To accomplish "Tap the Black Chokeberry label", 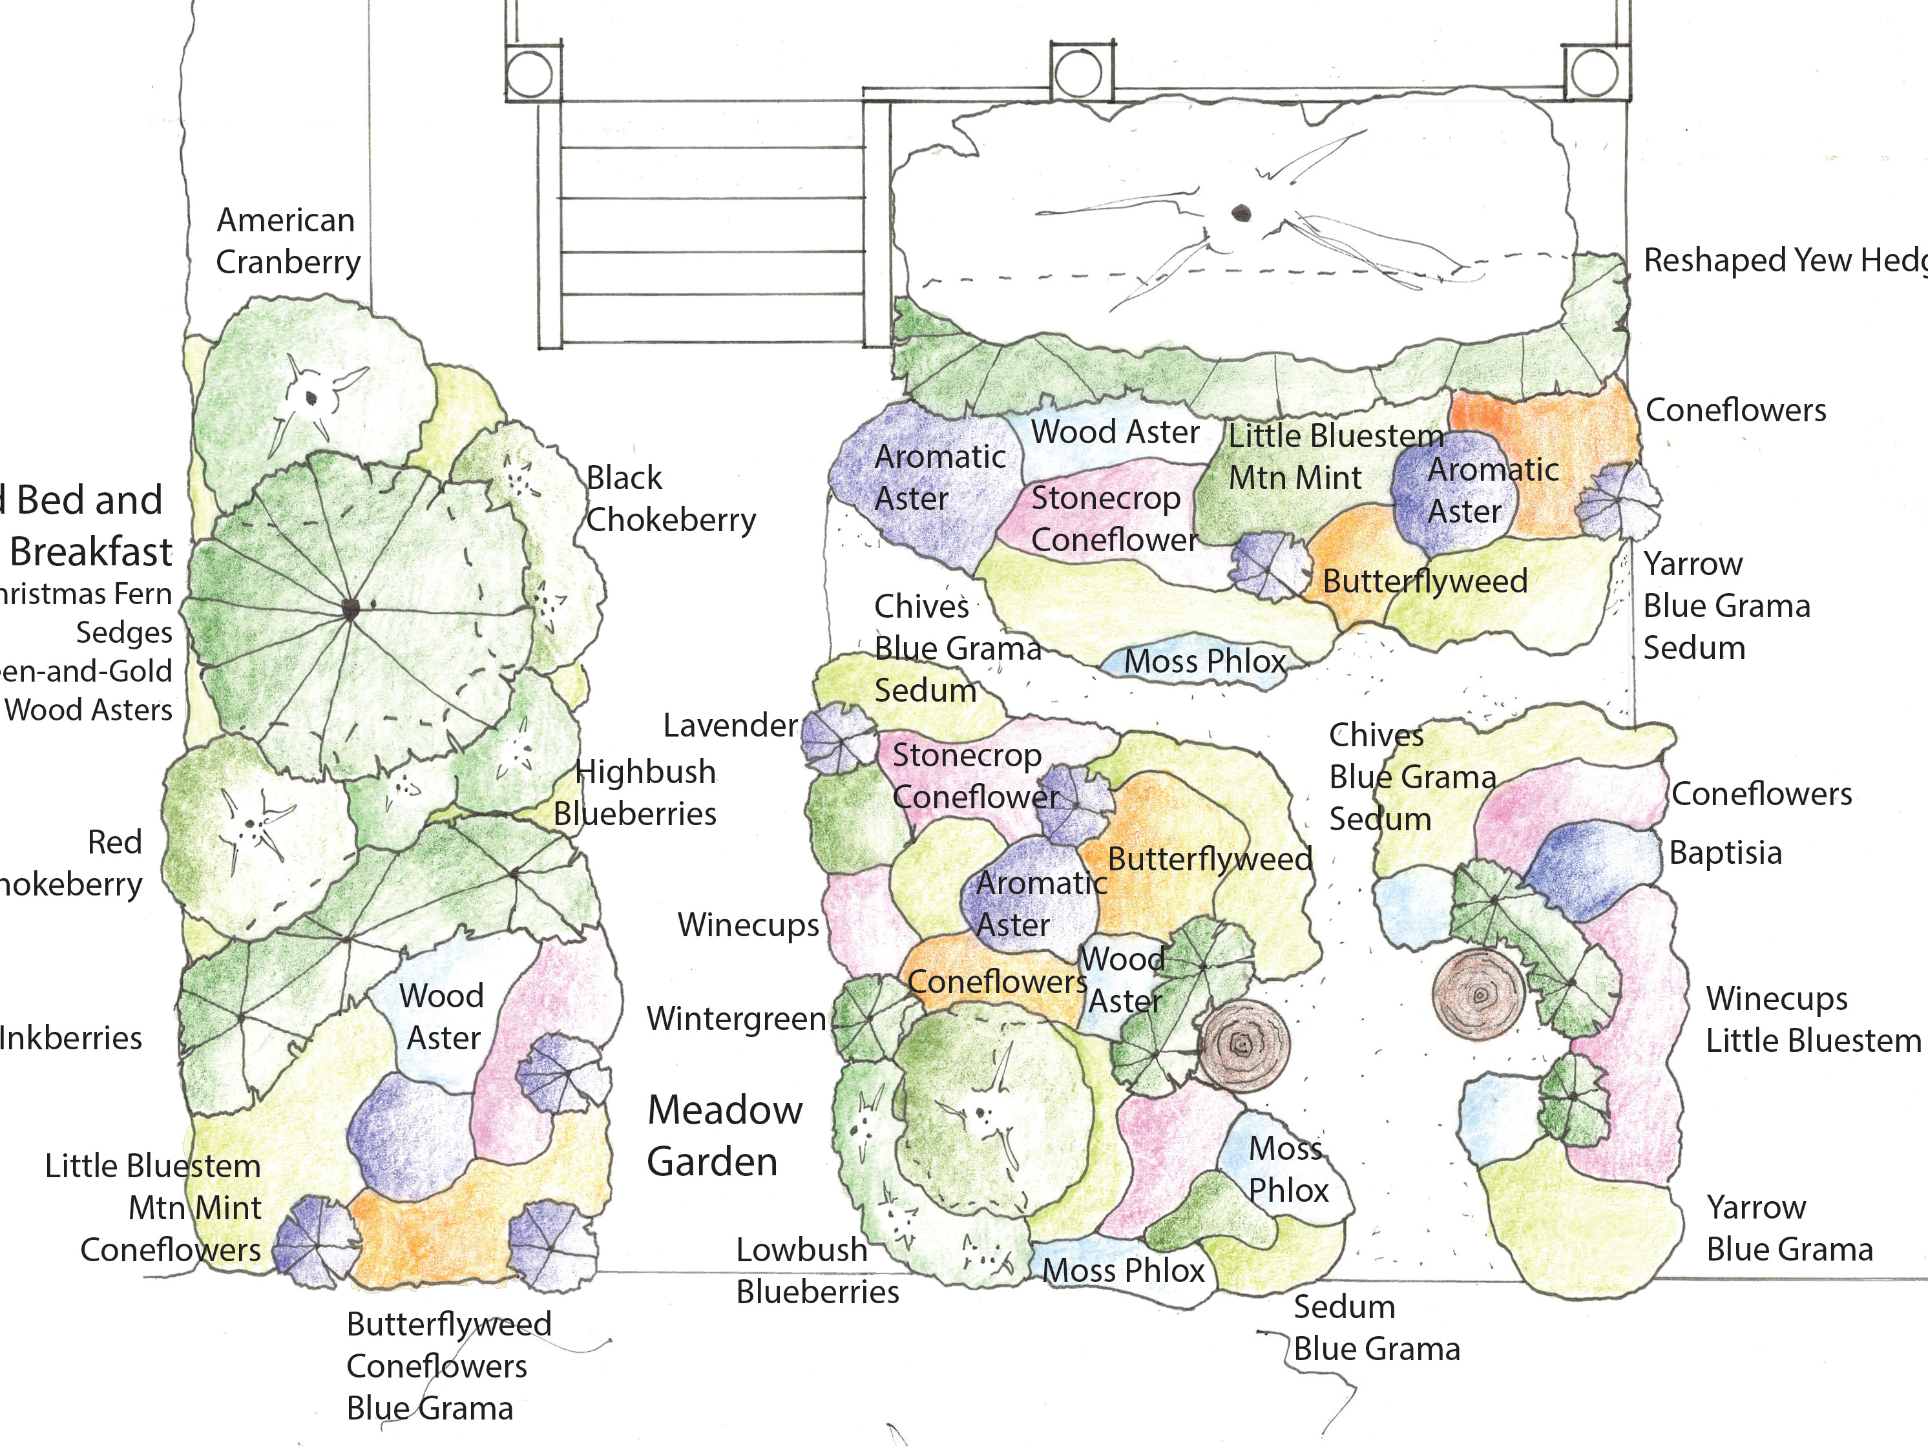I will (x=669, y=499).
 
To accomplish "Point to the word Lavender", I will (x=729, y=725).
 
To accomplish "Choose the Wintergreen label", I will (x=737, y=1019).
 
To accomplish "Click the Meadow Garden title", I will (x=724, y=1136).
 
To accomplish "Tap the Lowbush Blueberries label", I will (x=816, y=1271).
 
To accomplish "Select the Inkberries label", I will (x=70, y=1038).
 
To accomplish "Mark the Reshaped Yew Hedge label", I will (x=1783, y=260).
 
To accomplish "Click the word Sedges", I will (x=124, y=633).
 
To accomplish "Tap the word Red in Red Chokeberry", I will (x=114, y=843).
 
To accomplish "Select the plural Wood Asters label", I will (x=89, y=710).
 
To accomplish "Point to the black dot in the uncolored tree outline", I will (x=1241, y=213).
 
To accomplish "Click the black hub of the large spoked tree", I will (x=350, y=609).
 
